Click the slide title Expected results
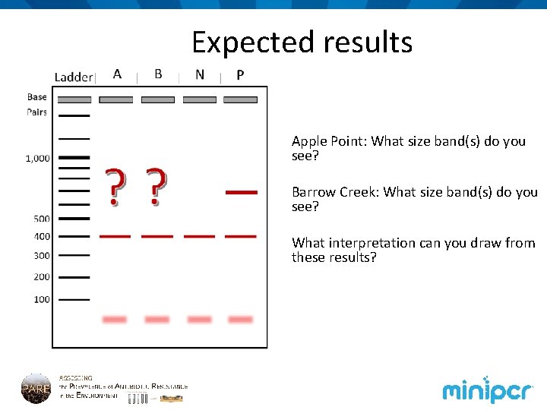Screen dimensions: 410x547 pyautogui.click(x=302, y=42)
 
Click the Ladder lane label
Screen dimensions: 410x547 pyautogui.click(x=73, y=77)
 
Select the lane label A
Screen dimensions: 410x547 pyautogui.click(x=117, y=74)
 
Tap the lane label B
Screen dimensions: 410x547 pyautogui.click(x=158, y=74)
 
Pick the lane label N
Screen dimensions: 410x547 pyautogui.click(x=199, y=74)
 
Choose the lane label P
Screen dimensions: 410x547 pyautogui.click(x=240, y=74)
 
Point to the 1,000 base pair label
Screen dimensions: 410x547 pyautogui.click(x=38, y=159)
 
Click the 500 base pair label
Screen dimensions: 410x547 pyautogui.click(x=42, y=219)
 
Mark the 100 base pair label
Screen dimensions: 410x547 pyautogui.click(x=42, y=299)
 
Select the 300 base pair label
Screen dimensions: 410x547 pyautogui.click(x=42, y=256)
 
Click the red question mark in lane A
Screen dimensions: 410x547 pyautogui.click(x=115, y=188)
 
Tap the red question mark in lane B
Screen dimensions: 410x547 pyautogui.click(x=157, y=188)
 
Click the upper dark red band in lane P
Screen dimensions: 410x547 pyautogui.click(x=242, y=193)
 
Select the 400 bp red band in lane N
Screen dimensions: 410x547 pyautogui.click(x=200, y=236)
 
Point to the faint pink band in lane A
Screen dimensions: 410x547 pyautogui.click(x=115, y=320)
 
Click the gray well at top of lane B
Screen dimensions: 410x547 pyautogui.click(x=158, y=99)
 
